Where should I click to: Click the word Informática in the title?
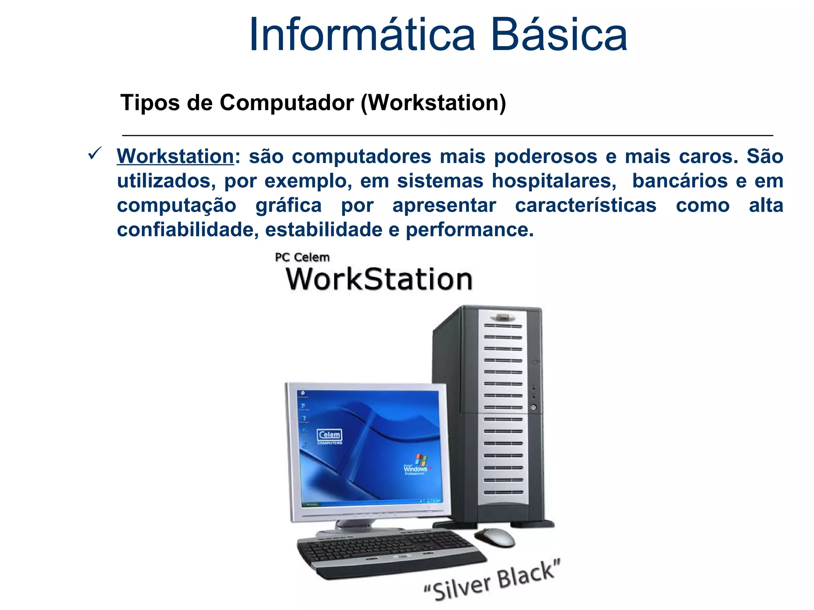(x=362, y=35)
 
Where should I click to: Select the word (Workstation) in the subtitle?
(x=433, y=103)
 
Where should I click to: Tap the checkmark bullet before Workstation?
(x=95, y=153)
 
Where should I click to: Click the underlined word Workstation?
(x=175, y=156)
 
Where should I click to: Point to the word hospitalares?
(x=554, y=181)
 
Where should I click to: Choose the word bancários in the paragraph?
(x=680, y=181)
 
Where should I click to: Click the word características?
(x=585, y=206)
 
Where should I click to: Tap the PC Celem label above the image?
(x=302, y=257)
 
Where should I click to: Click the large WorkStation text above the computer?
(x=379, y=279)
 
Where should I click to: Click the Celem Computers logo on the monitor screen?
(x=329, y=436)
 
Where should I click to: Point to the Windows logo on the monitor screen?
(x=417, y=465)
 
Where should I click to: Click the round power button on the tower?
(x=533, y=407)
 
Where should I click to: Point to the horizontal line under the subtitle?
(x=447, y=135)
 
